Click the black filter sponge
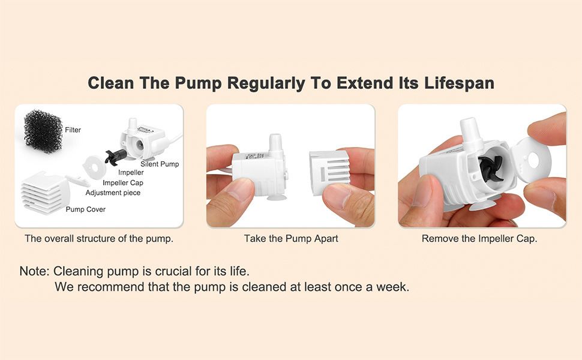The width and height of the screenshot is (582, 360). [43, 131]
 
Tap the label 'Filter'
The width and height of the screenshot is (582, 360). [73, 130]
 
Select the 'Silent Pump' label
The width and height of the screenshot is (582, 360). [160, 164]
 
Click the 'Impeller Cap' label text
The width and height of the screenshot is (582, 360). [123, 182]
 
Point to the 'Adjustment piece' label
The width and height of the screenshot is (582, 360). [113, 193]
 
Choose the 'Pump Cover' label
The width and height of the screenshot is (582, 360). [86, 209]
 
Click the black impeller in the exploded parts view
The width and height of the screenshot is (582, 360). [113, 157]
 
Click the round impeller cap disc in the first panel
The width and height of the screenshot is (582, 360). [94, 167]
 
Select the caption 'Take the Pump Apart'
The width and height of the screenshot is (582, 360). [291, 238]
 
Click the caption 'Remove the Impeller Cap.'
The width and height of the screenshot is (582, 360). [479, 238]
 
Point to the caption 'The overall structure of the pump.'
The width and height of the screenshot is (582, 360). [99, 238]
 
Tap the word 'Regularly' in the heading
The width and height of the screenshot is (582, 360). [266, 83]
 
